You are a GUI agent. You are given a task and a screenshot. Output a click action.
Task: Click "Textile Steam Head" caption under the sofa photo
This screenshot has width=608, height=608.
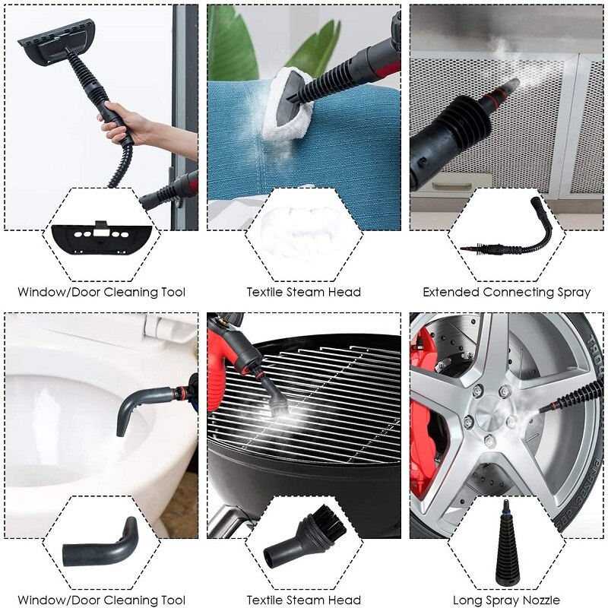pos(303,292)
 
